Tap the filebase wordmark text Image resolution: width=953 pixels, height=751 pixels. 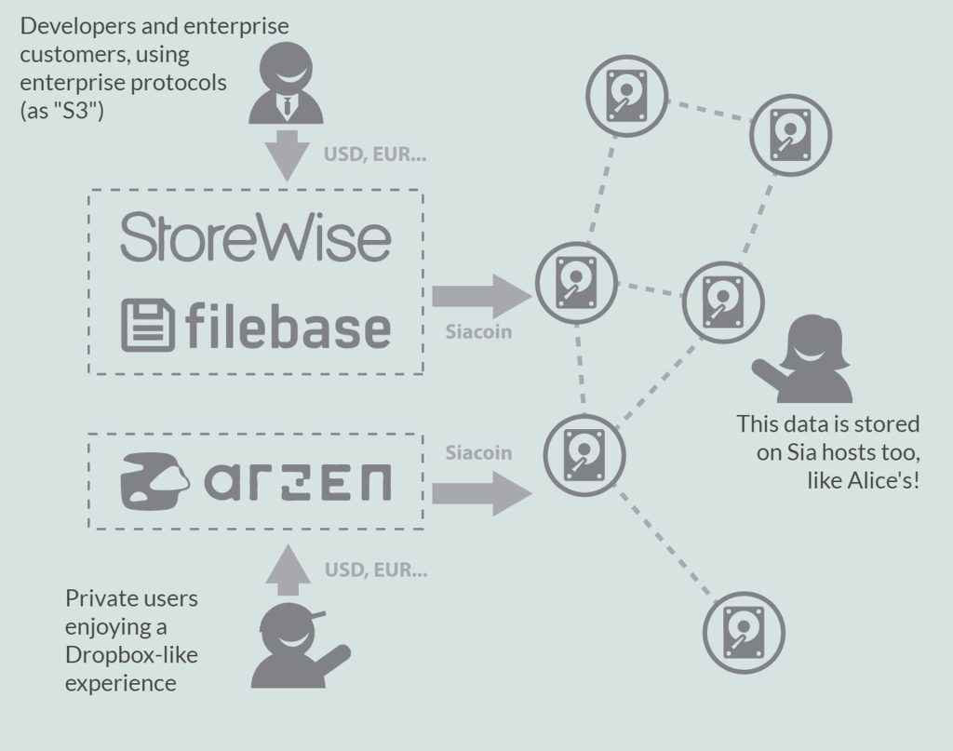[x=286, y=327]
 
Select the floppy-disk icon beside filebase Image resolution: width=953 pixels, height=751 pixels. [x=147, y=326]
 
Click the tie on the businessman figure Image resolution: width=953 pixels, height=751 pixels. [x=287, y=107]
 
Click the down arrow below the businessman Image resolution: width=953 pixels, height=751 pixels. [x=287, y=154]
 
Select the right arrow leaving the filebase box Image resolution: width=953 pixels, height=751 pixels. [x=479, y=297]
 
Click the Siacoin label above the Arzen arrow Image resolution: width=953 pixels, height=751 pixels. [x=477, y=453]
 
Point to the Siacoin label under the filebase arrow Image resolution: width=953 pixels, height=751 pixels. [x=477, y=331]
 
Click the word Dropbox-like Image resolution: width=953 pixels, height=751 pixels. [x=131, y=654]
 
